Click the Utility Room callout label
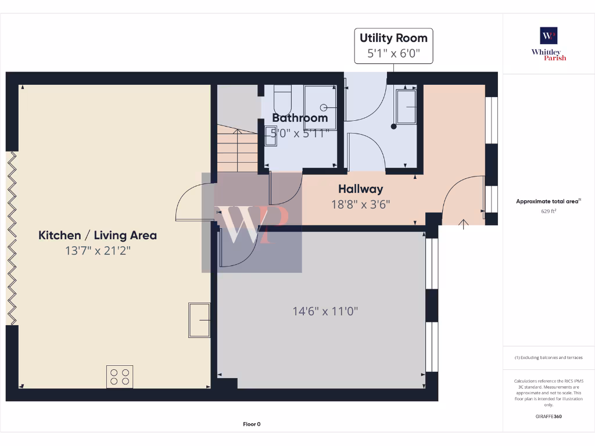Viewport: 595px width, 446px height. [393, 38]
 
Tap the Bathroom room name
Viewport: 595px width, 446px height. [300, 118]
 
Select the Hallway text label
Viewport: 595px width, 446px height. [360, 189]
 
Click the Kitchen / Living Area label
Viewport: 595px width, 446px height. [98, 235]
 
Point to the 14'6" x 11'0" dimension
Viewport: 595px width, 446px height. [325, 311]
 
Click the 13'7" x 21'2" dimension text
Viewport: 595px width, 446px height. [98, 251]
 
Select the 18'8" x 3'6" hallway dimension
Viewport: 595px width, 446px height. [360, 204]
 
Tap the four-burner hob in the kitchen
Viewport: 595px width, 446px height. [120, 377]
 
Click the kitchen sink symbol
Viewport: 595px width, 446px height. [199, 320]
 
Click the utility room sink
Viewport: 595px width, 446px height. [406, 107]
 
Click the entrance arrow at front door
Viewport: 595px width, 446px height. [463, 224]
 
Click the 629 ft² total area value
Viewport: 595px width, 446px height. [549, 211]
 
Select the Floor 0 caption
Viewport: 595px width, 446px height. [252, 424]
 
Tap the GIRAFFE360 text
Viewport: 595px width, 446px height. [549, 416]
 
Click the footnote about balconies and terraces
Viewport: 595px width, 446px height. [549, 358]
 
